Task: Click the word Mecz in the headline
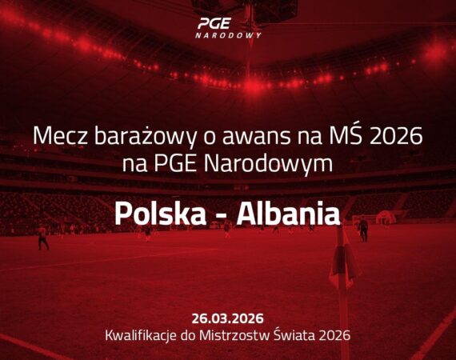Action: pos(60,136)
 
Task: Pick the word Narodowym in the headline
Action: pos(268,163)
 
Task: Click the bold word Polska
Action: pos(160,214)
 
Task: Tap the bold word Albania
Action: pos(289,214)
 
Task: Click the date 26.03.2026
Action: pos(228,318)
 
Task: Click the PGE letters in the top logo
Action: pos(214,23)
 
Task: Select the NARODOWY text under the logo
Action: pos(228,35)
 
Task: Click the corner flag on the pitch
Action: pos(342,262)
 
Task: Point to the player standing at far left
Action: pos(42,238)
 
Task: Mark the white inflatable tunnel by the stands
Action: pos(386,218)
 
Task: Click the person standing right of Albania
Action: pos(363,230)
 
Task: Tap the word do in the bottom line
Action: pos(188,335)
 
